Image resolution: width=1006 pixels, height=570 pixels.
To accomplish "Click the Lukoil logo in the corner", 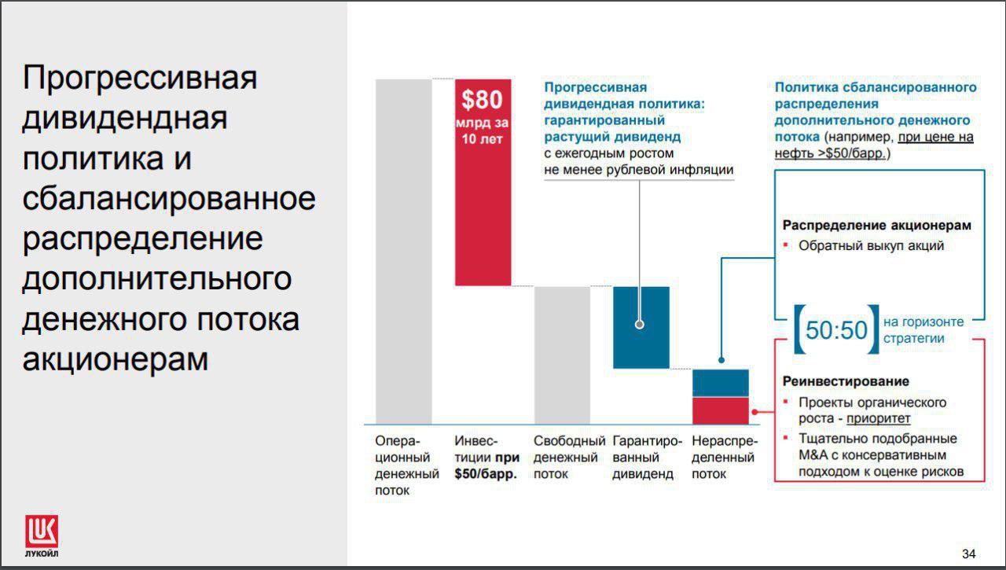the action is tap(42, 535).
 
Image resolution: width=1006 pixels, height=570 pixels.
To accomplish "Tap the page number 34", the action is tap(969, 553).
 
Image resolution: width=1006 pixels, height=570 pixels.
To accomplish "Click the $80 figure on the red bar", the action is tap(482, 99).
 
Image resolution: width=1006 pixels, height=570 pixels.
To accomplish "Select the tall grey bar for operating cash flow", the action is tap(404, 252).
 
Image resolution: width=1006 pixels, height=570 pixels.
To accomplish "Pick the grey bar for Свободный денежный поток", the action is tap(562, 355).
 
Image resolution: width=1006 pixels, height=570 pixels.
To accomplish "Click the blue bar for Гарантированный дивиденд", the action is tap(641, 327).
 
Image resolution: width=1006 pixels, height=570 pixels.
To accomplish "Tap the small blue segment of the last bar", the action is tap(721, 383).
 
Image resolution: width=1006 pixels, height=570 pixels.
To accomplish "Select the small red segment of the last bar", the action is tap(721, 410).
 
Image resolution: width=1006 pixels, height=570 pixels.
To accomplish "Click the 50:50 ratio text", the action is tap(836, 330).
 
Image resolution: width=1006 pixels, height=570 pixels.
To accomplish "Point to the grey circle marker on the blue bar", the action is tap(640, 324).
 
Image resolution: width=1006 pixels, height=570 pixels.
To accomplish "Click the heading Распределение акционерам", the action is tap(876, 225).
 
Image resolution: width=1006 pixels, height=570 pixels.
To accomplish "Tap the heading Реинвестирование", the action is tap(846, 381).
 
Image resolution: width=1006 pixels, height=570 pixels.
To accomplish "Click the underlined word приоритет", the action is tap(878, 418).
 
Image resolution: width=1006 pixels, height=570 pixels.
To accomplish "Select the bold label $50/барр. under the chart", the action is tap(486, 474).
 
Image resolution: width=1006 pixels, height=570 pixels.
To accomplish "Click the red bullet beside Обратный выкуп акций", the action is tap(785, 245).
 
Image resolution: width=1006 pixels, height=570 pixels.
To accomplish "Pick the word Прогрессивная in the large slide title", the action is tap(140, 78).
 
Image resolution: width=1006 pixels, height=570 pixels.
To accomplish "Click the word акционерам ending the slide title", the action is tap(116, 359).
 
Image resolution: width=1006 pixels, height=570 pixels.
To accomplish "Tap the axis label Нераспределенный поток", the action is tap(724, 458).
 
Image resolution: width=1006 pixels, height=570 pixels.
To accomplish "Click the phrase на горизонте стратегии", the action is tap(923, 330).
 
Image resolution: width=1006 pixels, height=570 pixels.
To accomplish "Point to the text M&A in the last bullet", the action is tap(813, 455).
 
